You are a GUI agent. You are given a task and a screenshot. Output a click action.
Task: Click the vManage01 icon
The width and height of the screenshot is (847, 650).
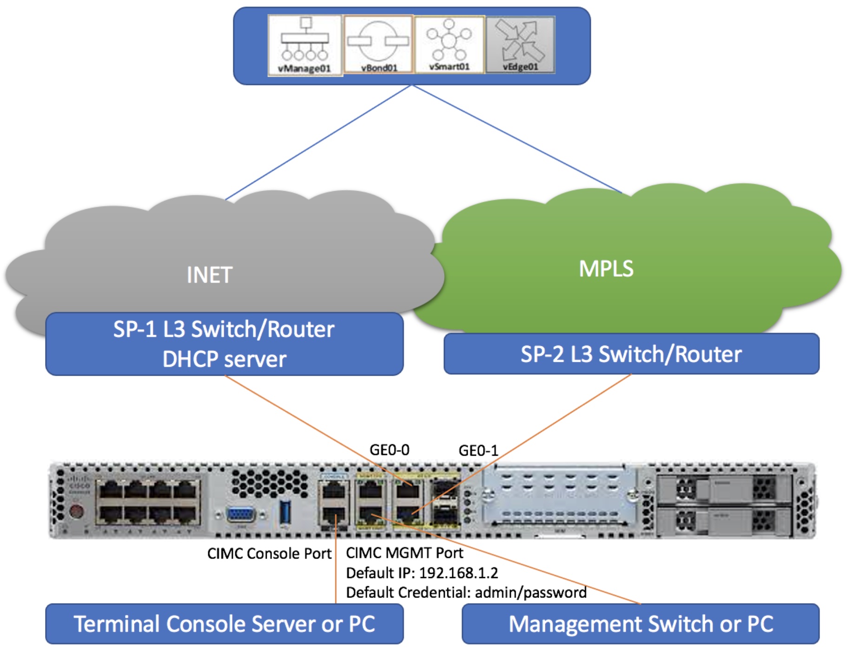(304, 45)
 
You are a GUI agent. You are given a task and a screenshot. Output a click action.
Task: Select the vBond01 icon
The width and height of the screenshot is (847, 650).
(378, 44)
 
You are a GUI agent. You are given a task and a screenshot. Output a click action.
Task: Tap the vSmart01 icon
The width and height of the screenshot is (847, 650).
(449, 44)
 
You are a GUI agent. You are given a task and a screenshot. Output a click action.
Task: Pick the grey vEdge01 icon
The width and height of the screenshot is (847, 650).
(520, 45)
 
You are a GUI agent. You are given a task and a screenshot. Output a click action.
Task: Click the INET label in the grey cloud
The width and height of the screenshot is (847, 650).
(209, 275)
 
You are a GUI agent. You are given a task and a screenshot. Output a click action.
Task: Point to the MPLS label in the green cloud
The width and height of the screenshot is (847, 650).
(606, 269)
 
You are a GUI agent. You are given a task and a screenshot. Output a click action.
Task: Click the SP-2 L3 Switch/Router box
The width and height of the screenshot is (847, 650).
(631, 354)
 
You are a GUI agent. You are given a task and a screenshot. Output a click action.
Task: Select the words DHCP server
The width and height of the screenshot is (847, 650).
(224, 359)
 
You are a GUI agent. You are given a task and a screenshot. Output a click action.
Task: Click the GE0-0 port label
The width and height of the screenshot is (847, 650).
(389, 450)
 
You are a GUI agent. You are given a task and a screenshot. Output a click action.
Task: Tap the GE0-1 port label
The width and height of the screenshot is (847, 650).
(478, 451)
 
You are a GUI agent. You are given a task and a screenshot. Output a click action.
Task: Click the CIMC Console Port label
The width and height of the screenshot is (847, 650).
(269, 553)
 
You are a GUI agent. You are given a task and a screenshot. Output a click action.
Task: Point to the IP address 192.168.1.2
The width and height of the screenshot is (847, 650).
(458, 573)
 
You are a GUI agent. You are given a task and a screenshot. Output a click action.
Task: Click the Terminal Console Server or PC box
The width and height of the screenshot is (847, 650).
(224, 623)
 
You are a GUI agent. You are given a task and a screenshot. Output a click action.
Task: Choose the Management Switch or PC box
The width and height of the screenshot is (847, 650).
(640, 623)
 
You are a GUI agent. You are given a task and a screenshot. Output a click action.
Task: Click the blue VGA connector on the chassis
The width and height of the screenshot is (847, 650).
(240, 515)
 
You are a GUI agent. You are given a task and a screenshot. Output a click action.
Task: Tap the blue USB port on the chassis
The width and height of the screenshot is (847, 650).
(285, 511)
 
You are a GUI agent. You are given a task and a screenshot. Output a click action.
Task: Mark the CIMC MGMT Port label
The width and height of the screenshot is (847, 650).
(404, 553)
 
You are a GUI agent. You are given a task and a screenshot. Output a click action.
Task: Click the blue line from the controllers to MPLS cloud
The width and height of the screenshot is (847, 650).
(516, 139)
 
